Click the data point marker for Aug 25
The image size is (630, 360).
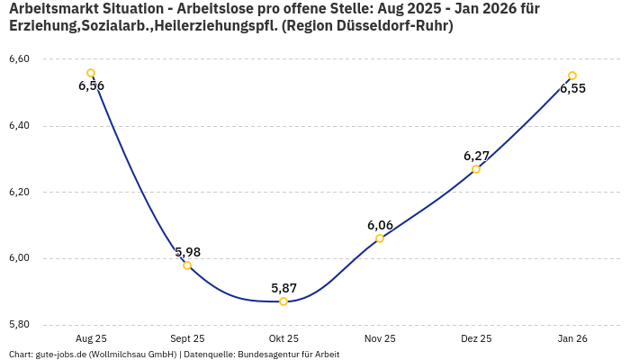pyautogui.click(x=91, y=73)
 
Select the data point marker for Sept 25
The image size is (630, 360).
pyautogui.click(x=187, y=265)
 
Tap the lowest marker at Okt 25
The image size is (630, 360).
pyautogui.click(x=283, y=301)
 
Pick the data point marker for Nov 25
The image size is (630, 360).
pyautogui.click(x=380, y=238)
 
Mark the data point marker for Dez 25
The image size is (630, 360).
pyautogui.click(x=476, y=169)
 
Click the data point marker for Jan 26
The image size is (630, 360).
pyautogui.click(x=572, y=76)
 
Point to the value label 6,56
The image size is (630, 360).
pyautogui.click(x=91, y=86)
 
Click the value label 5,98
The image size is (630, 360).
pyautogui.click(x=187, y=251)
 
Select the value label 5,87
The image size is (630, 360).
pyautogui.click(x=283, y=288)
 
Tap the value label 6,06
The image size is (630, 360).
pyautogui.click(x=380, y=225)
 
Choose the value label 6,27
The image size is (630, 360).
pyautogui.click(x=476, y=156)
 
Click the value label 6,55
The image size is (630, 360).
pyautogui.click(x=572, y=88)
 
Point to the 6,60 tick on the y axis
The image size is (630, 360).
pyautogui.click(x=19, y=59)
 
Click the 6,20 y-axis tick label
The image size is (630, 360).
pyautogui.click(x=19, y=193)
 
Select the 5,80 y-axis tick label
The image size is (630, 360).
pyautogui.click(x=19, y=325)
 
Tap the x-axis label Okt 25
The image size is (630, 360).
pyautogui.click(x=283, y=339)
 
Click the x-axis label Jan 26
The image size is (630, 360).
pyautogui.click(x=572, y=339)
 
